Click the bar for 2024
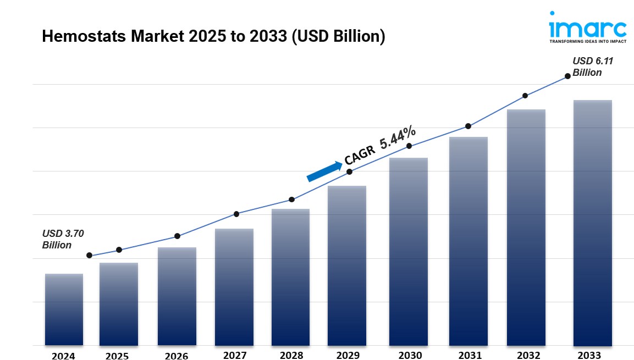click(x=64, y=309)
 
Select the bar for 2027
click(x=234, y=287)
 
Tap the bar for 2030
click(x=409, y=252)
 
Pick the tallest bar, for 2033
click(x=592, y=223)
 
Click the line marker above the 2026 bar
click(x=177, y=236)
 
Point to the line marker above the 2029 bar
click(x=349, y=172)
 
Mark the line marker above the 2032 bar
click(x=525, y=96)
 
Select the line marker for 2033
click(x=567, y=76)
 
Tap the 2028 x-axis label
click(x=291, y=356)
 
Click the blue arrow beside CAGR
click(x=324, y=171)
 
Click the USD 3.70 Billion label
click(x=63, y=239)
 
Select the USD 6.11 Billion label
click(x=592, y=67)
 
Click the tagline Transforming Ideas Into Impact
click(x=587, y=41)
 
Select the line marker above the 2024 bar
click(x=89, y=256)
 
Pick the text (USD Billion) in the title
click(x=338, y=37)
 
